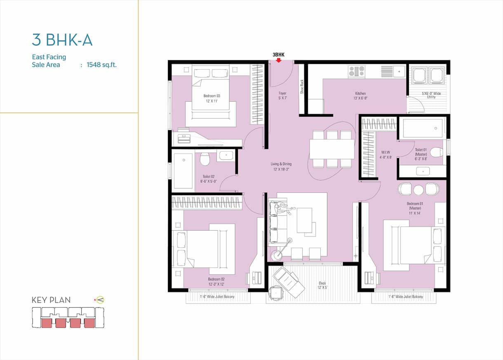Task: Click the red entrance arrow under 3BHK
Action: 278,60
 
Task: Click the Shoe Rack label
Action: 302,86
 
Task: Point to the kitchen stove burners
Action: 357,72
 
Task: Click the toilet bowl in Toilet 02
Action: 204,159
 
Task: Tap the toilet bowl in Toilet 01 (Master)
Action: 437,152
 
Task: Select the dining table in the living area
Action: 332,149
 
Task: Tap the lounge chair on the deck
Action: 289,282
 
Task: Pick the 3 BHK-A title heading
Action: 62,40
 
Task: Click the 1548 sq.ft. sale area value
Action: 102,65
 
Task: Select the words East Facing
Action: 49,57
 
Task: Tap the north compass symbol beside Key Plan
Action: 100,300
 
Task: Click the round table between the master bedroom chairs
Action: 418,190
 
